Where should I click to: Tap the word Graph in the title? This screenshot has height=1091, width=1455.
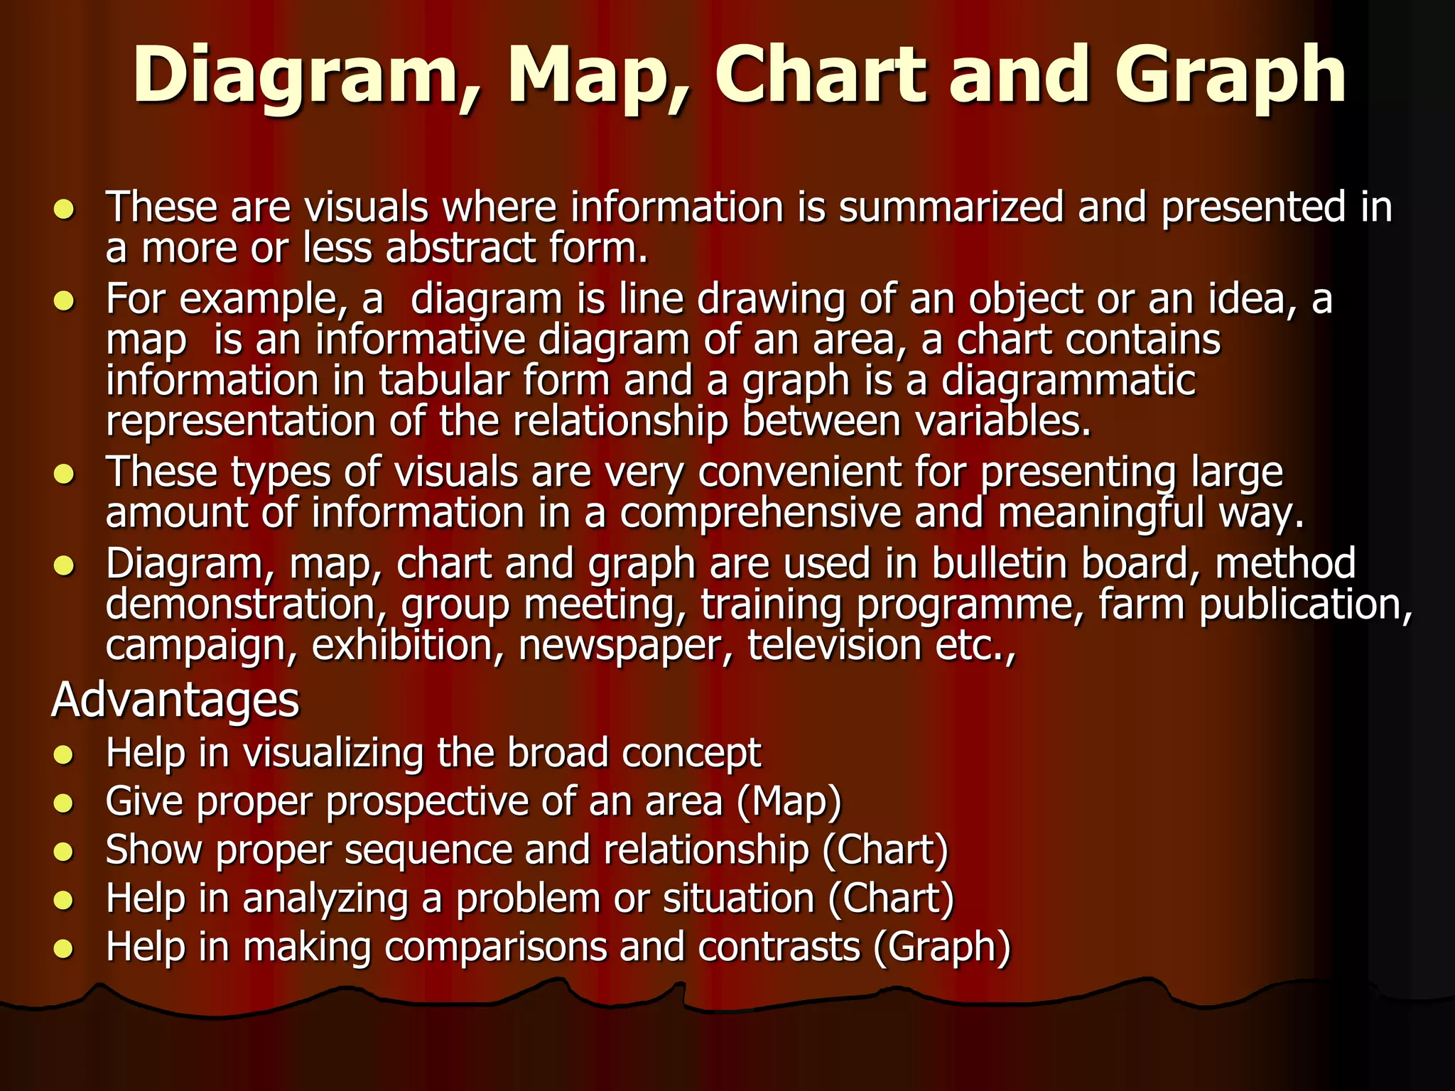pos(1228,75)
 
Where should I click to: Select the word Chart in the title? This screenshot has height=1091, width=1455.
pos(821,74)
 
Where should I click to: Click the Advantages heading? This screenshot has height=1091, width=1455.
pos(175,700)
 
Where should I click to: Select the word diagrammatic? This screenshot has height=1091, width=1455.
pos(1069,381)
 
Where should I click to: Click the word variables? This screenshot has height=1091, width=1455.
pos(1002,421)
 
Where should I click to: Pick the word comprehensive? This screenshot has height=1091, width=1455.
pos(760,513)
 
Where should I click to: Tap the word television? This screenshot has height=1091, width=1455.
pos(833,646)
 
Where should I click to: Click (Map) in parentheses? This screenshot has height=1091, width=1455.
pos(789,801)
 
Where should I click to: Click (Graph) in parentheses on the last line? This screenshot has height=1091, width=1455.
pos(941,948)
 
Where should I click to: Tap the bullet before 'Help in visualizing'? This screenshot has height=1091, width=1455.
pos(64,754)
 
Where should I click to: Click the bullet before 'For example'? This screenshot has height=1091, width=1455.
pos(64,301)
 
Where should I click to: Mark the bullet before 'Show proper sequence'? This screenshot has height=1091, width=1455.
pos(64,852)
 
